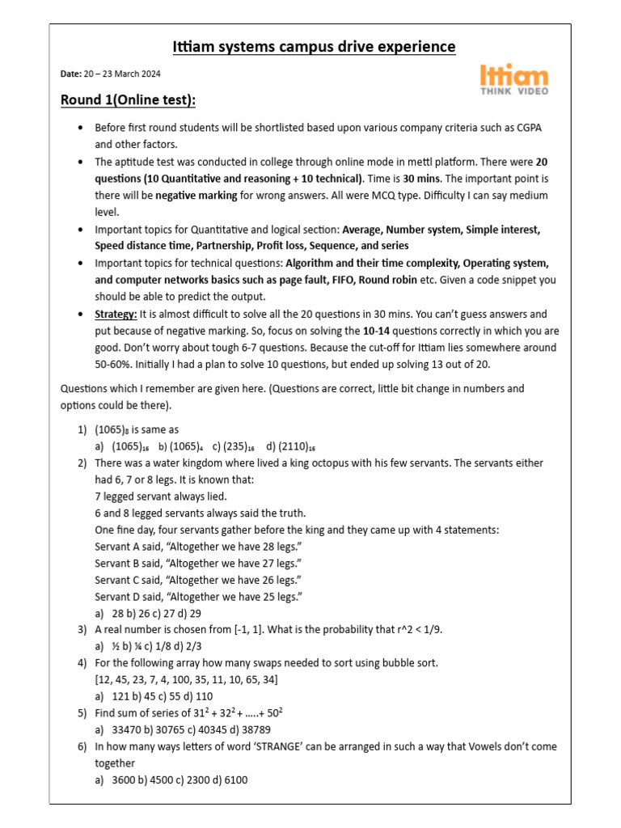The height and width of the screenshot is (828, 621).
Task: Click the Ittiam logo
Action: [514, 79]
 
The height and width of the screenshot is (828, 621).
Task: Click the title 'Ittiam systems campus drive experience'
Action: [315, 47]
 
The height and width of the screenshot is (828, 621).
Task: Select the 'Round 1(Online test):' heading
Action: [129, 99]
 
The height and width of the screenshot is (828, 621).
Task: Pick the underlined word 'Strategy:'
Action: [116, 314]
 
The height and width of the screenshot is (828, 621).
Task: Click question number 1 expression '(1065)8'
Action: [114, 430]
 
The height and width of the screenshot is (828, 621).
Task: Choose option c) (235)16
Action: [239, 446]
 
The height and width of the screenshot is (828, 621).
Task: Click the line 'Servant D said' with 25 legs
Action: [198, 596]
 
